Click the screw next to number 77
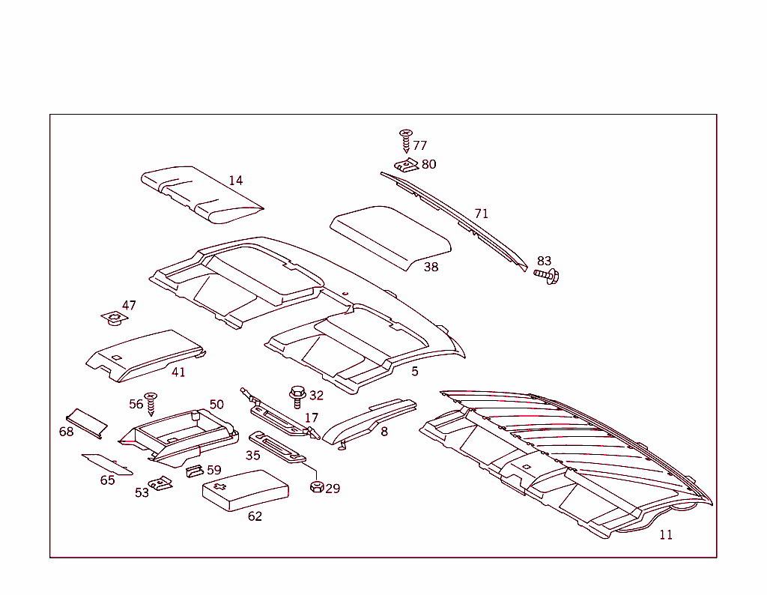(x=405, y=141)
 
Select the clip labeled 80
(x=407, y=166)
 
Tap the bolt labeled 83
(x=547, y=276)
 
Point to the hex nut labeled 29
(x=317, y=487)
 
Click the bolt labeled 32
(x=297, y=397)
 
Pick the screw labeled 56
(x=151, y=404)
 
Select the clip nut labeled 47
(x=115, y=318)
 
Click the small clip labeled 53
(x=160, y=483)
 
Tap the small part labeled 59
(x=195, y=471)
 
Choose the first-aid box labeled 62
(x=246, y=490)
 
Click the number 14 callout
(x=236, y=181)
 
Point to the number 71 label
(x=482, y=214)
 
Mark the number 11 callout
(x=666, y=535)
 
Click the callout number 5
(x=415, y=372)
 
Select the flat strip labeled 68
(x=87, y=423)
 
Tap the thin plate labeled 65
(x=106, y=464)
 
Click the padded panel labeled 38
(x=390, y=238)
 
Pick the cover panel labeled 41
(x=146, y=355)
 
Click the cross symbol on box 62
(x=219, y=486)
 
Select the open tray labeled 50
(x=179, y=436)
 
